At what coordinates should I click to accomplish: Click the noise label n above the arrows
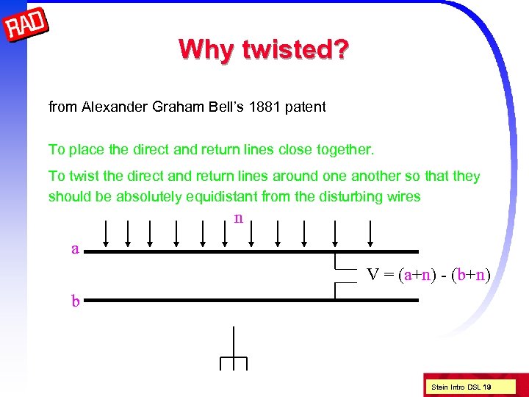(237, 218)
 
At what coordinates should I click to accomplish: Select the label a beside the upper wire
(75, 248)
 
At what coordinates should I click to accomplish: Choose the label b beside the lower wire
(76, 300)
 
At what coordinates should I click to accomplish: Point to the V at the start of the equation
(373, 275)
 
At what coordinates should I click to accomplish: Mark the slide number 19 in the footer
(487, 387)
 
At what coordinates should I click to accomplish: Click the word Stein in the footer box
(439, 387)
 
